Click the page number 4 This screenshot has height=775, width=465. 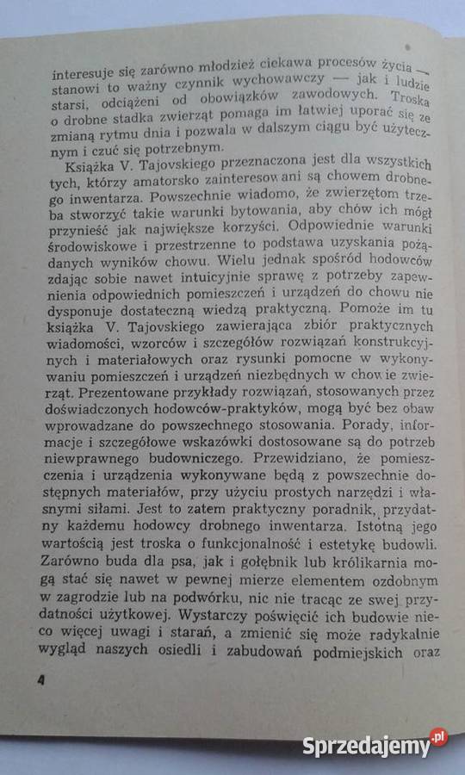pos(40,680)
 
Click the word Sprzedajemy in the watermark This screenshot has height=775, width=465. pos(365,746)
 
